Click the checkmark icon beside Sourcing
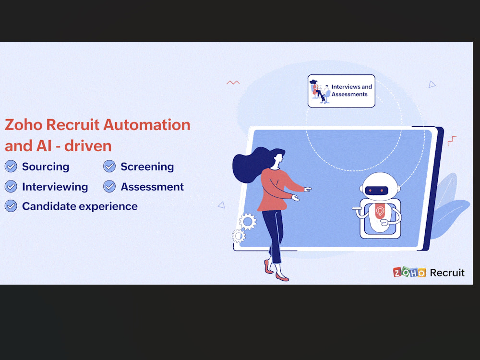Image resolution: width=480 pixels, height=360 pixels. tap(11, 166)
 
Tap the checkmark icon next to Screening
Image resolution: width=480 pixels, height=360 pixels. tap(109, 166)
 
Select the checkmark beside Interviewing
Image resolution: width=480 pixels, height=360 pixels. tap(11, 186)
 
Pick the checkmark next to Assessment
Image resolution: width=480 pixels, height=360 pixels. tap(109, 186)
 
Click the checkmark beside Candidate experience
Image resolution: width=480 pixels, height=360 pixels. tap(11, 206)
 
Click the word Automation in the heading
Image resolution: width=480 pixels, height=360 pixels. tap(146, 125)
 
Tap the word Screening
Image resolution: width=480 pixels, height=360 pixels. tap(147, 167)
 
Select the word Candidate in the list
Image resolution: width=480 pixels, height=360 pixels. tap(49, 206)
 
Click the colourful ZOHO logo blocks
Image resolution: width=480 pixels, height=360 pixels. tap(409, 272)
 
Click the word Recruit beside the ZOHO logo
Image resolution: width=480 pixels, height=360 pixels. tap(447, 273)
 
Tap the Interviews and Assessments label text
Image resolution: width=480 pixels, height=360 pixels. tap(351, 91)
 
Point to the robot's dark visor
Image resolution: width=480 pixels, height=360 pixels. tap(376, 191)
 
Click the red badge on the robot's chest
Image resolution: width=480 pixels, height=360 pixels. tap(380, 212)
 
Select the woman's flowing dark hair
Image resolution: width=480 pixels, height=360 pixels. tap(251, 164)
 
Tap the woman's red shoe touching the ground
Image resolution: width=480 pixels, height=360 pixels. tap(282, 277)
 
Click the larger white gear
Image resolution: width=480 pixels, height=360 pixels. tap(247, 221)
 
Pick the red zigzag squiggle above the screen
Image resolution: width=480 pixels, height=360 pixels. tap(233, 83)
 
